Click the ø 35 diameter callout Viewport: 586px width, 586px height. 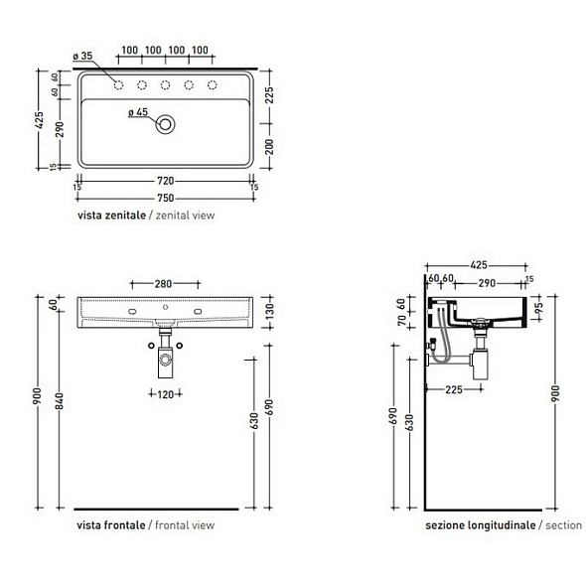[x=82, y=56]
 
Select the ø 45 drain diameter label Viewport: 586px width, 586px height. [x=138, y=112]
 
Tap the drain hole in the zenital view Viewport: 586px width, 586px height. [x=165, y=124]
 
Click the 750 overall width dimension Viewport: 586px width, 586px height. [x=166, y=198]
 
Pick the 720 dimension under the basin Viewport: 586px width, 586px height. [x=166, y=181]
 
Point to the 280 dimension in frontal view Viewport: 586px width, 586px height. [x=163, y=284]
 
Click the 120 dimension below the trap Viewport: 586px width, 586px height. [x=165, y=394]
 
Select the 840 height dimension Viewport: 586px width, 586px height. [x=60, y=401]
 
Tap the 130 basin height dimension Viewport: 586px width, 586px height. [x=269, y=311]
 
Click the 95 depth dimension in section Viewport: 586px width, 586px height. [x=539, y=307]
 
